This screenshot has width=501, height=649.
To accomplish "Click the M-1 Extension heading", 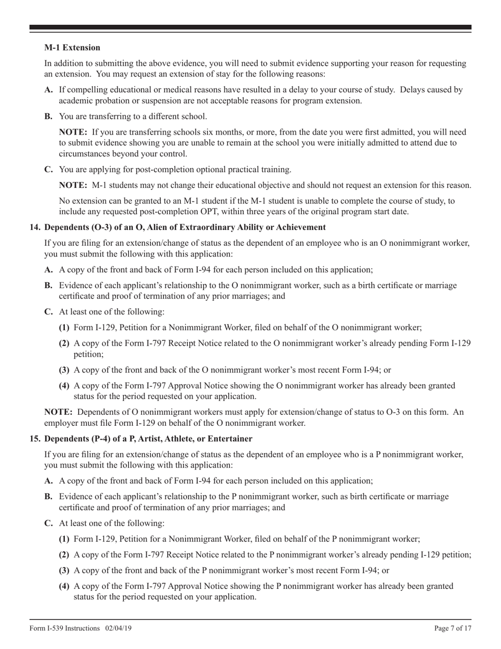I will click(72, 47).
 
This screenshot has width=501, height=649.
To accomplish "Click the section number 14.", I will click(35, 227).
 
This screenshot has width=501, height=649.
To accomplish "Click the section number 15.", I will click(35, 439).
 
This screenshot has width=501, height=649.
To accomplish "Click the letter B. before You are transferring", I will click(49, 117).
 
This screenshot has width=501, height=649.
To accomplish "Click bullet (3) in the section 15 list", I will click(64, 571).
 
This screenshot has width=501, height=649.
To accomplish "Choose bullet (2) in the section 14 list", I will click(64, 343).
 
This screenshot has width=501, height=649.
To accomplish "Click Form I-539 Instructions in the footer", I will click(64, 628).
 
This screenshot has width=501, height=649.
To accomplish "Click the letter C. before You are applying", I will click(49, 169).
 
